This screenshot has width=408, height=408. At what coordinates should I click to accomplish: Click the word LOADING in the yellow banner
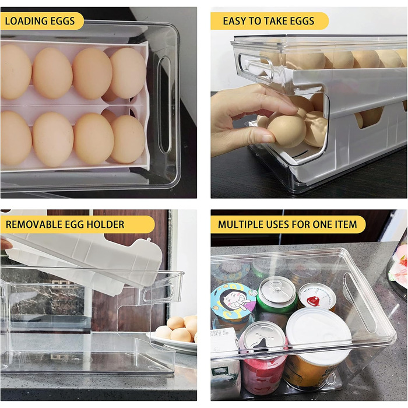[x=26, y=21]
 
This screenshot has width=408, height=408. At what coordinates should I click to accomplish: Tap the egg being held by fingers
[x=287, y=132]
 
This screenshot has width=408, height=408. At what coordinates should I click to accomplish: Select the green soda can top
[x=277, y=290]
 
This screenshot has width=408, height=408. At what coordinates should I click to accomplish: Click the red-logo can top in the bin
[x=316, y=296]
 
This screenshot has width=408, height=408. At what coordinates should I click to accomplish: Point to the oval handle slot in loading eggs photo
[x=165, y=104]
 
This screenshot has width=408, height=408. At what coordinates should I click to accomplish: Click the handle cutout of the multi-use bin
[x=360, y=303]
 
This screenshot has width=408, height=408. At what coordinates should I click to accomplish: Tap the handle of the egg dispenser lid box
[x=255, y=68]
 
